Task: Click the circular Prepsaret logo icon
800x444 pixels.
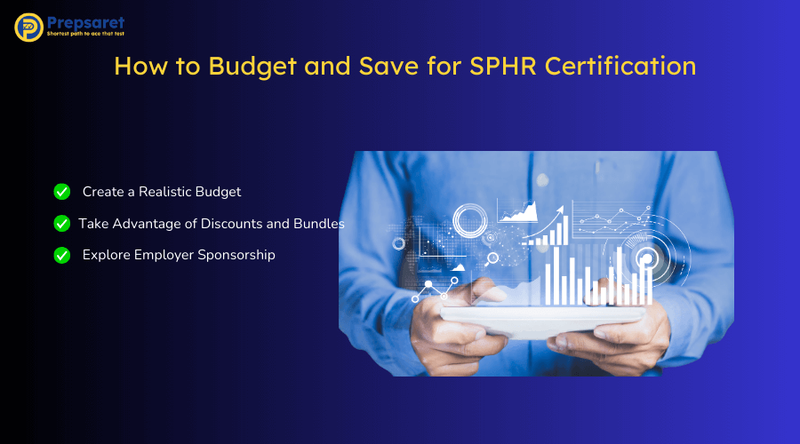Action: tap(29, 27)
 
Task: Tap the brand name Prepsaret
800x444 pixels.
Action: tap(87, 21)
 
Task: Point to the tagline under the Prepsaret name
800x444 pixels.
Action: tap(86, 34)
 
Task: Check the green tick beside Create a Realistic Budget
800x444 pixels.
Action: tap(62, 192)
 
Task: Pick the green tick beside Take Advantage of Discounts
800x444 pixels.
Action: tap(62, 223)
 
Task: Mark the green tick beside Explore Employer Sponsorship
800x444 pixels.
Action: tap(62, 255)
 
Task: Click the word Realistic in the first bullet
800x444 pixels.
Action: tap(168, 192)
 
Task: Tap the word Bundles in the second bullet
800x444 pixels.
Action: tap(319, 223)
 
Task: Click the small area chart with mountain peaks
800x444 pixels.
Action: tap(516, 212)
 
